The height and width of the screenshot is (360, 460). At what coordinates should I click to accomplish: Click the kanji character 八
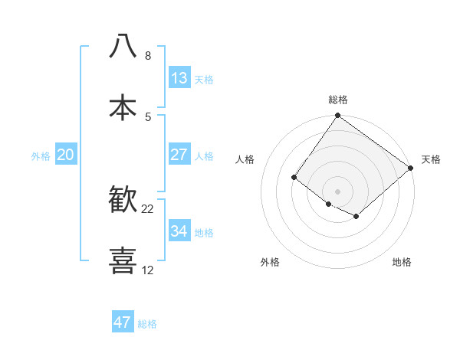[x=123, y=46]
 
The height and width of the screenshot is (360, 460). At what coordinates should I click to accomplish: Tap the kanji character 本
[x=123, y=107]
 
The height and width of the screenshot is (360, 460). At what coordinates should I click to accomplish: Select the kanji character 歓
[x=123, y=200]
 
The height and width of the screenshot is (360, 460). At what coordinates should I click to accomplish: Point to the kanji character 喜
[x=123, y=261]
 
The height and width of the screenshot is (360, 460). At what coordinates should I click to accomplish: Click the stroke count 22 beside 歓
[x=148, y=209]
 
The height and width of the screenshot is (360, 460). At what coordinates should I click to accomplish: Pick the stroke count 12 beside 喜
[x=148, y=270]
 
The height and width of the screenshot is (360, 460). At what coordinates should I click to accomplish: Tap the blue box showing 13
[x=179, y=77]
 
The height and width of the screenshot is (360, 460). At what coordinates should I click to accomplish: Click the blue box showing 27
[x=179, y=154]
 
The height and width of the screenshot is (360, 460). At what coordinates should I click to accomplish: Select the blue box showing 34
[x=179, y=231]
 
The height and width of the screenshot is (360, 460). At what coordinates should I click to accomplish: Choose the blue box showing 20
[x=66, y=154]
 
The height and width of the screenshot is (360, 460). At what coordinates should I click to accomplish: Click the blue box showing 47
[x=123, y=322]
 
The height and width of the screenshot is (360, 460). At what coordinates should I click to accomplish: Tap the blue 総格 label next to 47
[x=147, y=324]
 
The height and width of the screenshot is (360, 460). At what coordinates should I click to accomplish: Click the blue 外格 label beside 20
[x=41, y=155]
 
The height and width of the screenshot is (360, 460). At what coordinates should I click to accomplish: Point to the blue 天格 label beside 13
[x=204, y=79]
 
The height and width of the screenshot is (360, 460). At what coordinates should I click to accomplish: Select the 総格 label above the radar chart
[x=338, y=100]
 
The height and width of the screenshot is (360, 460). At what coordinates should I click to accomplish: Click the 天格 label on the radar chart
[x=431, y=159]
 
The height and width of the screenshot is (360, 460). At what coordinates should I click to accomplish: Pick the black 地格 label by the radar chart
[x=402, y=262]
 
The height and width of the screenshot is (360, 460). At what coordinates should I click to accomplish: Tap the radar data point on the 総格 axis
[x=338, y=116]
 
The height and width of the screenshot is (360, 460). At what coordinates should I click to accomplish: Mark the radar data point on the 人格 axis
[x=294, y=178]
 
